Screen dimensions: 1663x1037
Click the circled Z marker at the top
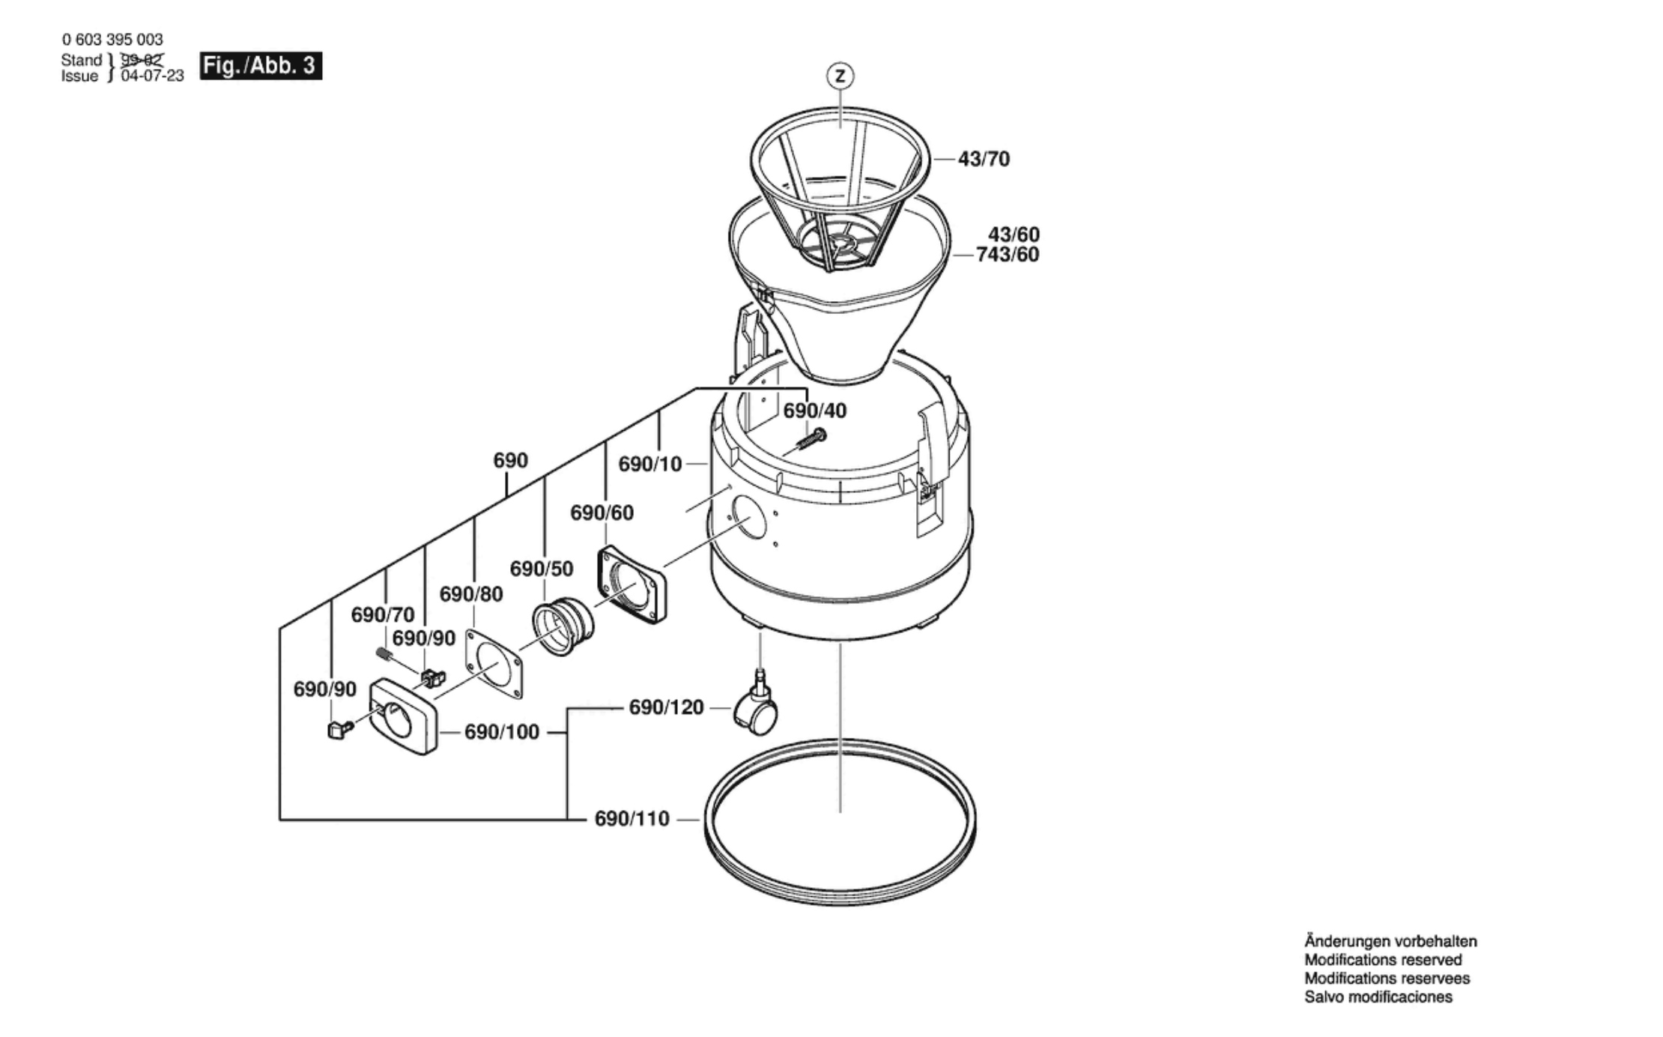840,76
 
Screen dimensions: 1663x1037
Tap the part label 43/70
984,159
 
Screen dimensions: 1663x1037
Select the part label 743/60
1008,255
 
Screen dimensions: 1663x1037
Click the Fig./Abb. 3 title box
261,66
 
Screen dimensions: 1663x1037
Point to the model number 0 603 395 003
112,39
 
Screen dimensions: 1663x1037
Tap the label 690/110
631,819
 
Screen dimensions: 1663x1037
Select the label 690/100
502,732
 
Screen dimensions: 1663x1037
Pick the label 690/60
602,513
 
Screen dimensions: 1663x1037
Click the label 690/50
542,569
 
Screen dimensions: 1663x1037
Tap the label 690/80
471,594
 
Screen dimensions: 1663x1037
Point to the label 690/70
383,614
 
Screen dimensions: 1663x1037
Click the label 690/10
650,465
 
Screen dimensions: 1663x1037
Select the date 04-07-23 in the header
153,76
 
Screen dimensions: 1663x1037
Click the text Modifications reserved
1383,960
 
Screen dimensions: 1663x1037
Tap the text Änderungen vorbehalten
1391,941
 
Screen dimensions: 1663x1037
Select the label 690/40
815,411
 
